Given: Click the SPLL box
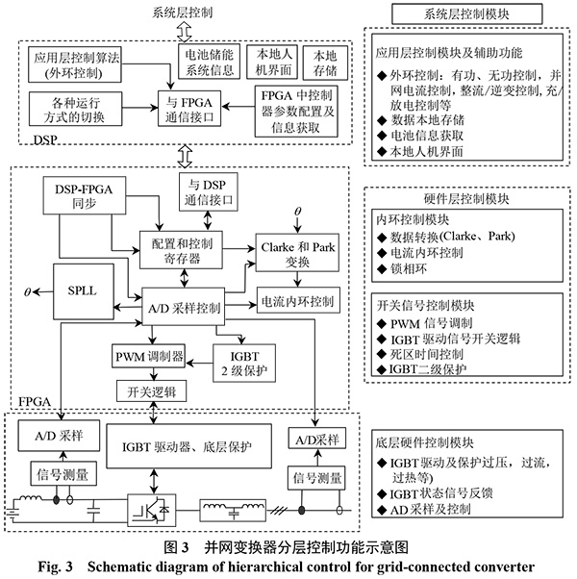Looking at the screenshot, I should pos(76,289).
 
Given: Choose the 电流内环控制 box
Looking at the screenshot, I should pos(298,302).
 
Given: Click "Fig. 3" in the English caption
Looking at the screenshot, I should pos(99,566).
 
